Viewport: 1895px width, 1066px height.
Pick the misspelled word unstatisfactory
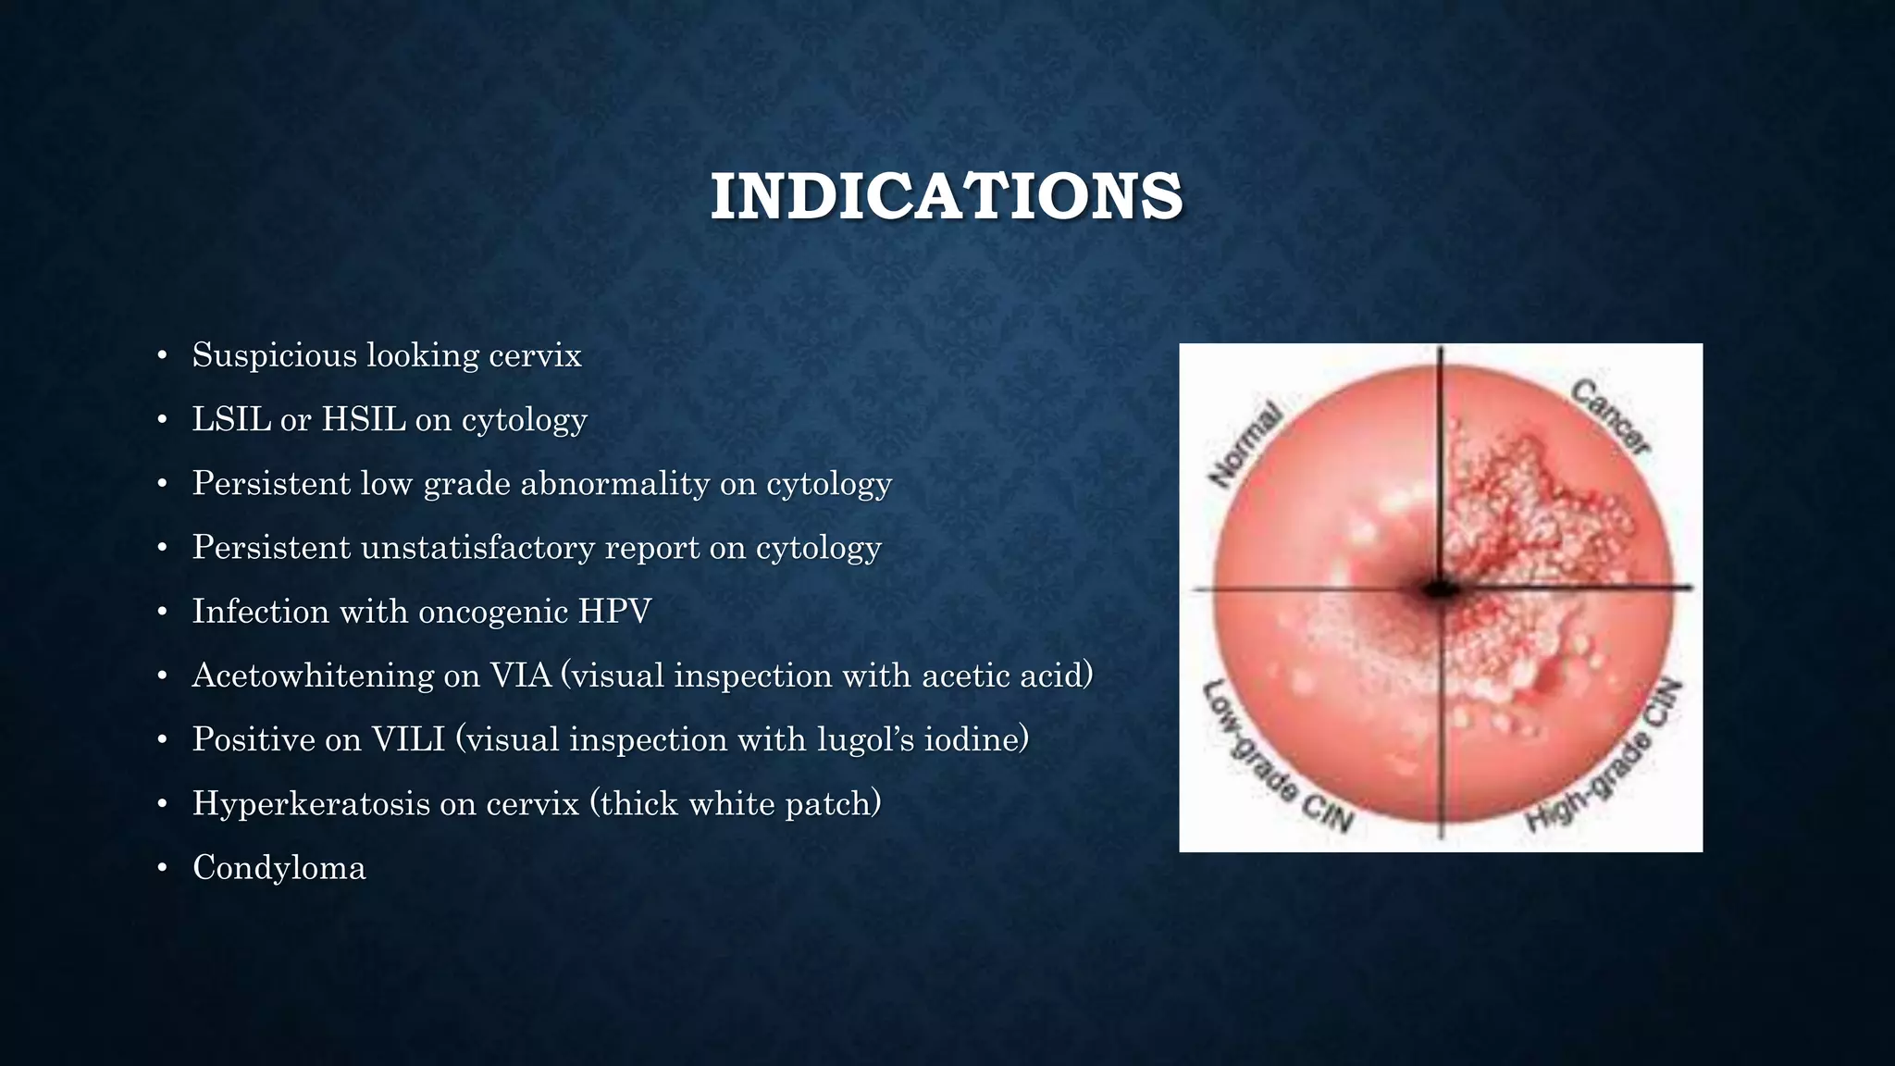(477, 547)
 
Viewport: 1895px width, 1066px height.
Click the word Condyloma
(279, 868)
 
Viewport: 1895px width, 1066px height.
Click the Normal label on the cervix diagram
(1246, 445)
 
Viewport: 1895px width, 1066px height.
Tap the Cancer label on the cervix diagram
(1611, 418)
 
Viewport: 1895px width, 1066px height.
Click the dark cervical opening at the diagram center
(1440, 589)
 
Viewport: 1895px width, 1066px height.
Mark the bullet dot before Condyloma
(162, 868)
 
